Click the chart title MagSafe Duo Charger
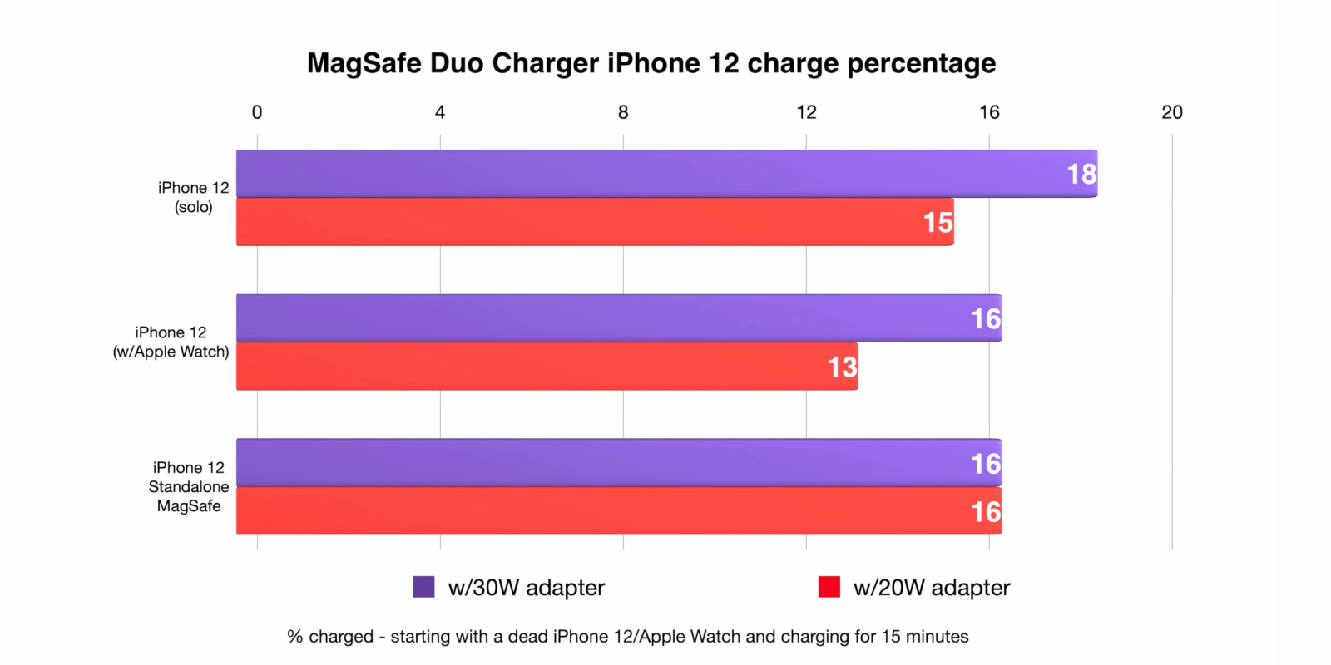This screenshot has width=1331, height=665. pyautogui.click(x=651, y=63)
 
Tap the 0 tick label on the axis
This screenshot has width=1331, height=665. pyautogui.click(x=257, y=112)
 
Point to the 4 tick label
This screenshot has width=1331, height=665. pyautogui.click(x=440, y=112)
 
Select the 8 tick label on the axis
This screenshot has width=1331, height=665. pyautogui.click(x=623, y=112)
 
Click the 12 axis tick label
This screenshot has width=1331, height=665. pyautogui.click(x=806, y=112)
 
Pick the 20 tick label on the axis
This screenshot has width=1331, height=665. pyautogui.click(x=1172, y=112)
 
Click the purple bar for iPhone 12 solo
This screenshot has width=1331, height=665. pyautogui.click(x=649, y=174)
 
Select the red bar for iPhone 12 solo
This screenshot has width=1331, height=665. pyautogui.click(x=582, y=222)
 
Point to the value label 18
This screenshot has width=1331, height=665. pyautogui.click(x=1081, y=174)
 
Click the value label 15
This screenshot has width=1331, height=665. pyautogui.click(x=938, y=222)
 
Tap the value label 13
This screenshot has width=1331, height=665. pyautogui.click(x=842, y=367)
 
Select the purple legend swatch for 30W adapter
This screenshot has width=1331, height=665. pyautogui.click(x=423, y=587)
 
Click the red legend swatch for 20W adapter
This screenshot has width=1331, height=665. pyautogui.click(x=829, y=587)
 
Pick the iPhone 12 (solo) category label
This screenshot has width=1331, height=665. pyautogui.click(x=193, y=198)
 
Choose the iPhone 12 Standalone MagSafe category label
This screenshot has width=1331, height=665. pyautogui.click(x=189, y=487)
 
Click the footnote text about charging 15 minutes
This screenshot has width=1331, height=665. pyautogui.click(x=627, y=637)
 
